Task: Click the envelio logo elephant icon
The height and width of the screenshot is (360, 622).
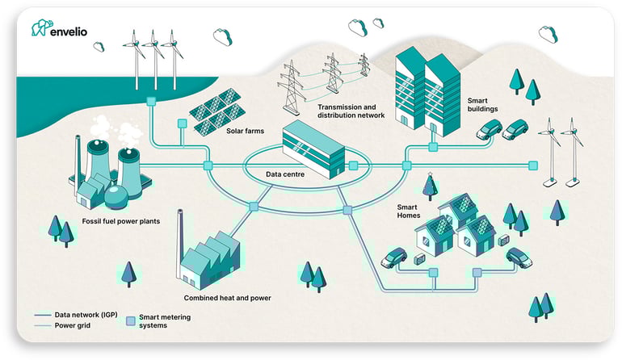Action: tap(41, 28)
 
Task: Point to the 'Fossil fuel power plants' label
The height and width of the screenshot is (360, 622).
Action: tap(114, 220)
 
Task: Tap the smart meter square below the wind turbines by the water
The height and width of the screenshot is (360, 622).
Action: tap(151, 102)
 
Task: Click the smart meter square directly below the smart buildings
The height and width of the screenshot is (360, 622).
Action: tap(434, 148)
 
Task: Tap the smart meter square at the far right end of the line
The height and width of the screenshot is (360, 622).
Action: tap(532, 165)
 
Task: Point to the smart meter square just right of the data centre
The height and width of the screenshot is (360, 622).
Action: tap(353, 165)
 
